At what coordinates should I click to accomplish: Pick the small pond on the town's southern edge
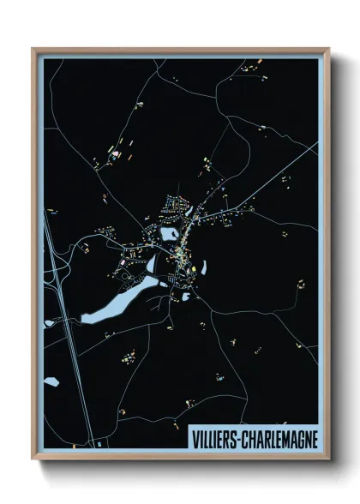[185, 297]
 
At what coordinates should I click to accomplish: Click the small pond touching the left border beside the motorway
[50, 323]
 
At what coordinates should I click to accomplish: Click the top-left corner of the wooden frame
[33, 50]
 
